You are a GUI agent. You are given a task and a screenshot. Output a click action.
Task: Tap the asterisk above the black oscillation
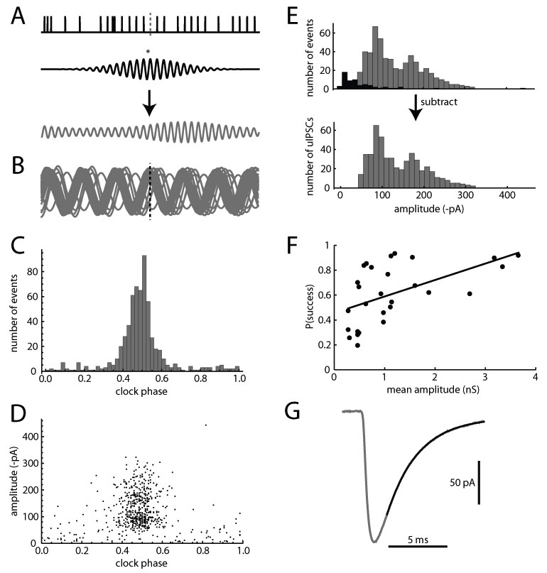point(147,51)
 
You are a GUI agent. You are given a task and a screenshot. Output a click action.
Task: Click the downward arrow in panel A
point(148,103)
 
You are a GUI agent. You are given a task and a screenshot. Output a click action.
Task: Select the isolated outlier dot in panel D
point(205,425)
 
